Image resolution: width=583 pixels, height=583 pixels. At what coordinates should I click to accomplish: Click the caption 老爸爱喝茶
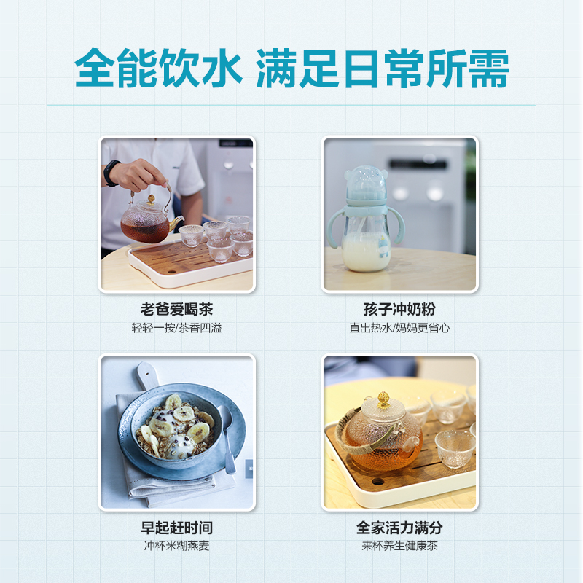(176, 309)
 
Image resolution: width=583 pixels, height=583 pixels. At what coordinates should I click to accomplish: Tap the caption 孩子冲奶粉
(399, 309)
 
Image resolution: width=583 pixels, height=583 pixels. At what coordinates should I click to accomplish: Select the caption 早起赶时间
(176, 527)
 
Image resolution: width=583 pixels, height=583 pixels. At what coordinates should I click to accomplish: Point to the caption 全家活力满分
(399, 527)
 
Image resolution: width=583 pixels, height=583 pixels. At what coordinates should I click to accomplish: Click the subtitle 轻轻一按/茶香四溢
(176, 328)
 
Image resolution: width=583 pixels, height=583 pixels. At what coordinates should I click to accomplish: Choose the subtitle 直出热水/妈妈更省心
(399, 328)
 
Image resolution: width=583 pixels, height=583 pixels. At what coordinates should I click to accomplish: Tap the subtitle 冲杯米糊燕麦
(176, 546)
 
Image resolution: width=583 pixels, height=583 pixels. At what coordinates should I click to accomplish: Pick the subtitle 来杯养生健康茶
(399, 546)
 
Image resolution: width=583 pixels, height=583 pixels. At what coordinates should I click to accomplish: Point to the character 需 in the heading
(488, 69)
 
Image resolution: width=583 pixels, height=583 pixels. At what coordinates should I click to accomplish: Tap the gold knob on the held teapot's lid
(151, 199)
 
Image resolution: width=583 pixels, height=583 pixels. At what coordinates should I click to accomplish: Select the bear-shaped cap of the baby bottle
(366, 184)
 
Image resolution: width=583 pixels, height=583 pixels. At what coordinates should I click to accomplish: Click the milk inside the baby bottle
(366, 251)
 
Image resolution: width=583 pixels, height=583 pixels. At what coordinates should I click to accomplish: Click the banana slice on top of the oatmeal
(184, 413)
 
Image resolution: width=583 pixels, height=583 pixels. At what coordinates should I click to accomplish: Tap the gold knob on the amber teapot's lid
(383, 399)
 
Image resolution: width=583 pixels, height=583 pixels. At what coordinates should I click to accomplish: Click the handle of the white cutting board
(148, 375)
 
